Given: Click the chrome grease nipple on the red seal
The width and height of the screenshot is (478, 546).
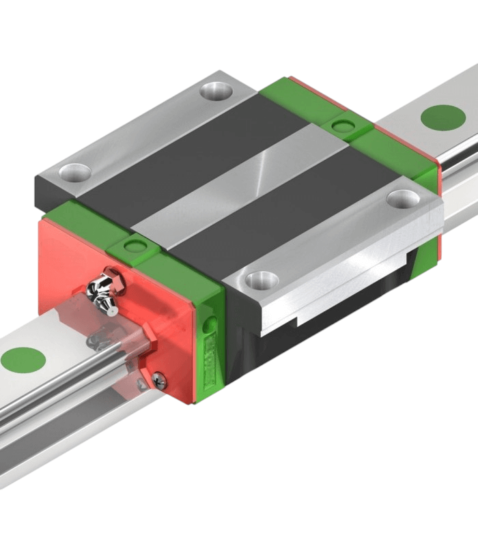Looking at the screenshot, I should [x=104, y=291].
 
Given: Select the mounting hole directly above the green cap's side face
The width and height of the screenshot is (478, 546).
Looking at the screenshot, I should [x=262, y=278].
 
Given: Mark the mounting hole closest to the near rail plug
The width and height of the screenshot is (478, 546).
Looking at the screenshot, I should [x=75, y=171].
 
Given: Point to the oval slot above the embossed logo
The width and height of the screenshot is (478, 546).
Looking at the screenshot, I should [x=212, y=324].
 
